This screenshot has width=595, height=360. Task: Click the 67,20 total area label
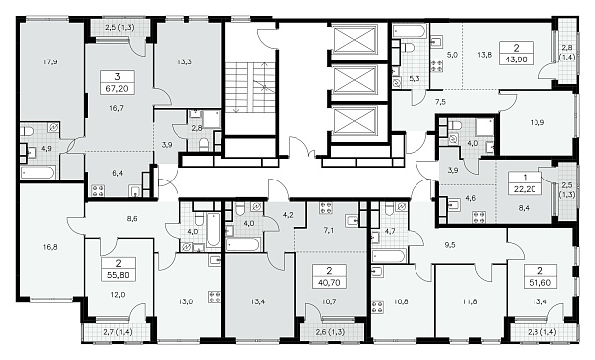click(x=117, y=89)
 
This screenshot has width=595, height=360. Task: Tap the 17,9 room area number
click(x=50, y=61)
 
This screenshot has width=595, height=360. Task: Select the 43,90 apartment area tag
click(x=517, y=60)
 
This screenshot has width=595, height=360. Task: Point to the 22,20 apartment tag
click(x=525, y=188)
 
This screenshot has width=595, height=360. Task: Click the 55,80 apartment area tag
click(x=118, y=275)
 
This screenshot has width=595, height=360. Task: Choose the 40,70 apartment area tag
click(x=329, y=283)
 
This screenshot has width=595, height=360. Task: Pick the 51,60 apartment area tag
click(x=540, y=283)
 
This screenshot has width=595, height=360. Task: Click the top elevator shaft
click(x=354, y=39)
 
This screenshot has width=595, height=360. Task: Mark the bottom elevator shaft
click(x=354, y=121)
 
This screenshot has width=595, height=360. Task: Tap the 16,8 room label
click(x=50, y=247)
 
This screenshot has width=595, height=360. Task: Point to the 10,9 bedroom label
click(x=536, y=122)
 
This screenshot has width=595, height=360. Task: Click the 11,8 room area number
click(x=470, y=301)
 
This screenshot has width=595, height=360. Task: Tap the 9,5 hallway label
click(x=450, y=245)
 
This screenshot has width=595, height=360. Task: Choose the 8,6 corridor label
click(x=132, y=219)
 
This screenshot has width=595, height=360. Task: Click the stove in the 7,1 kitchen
click(x=326, y=208)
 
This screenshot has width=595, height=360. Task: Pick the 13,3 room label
click(x=184, y=61)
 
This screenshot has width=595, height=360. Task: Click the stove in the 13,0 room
click(x=214, y=297)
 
